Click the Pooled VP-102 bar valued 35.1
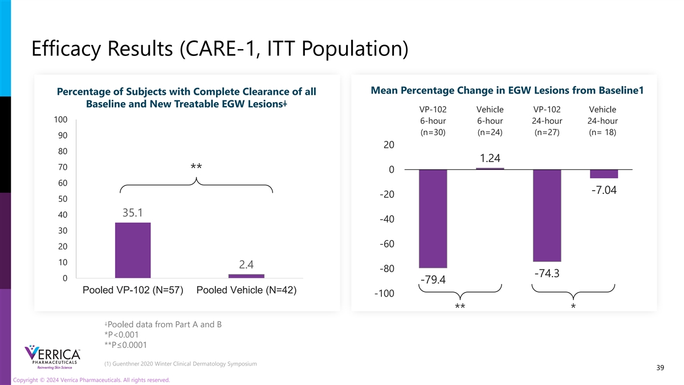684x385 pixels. [x=133, y=250]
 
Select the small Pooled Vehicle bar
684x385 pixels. [x=246, y=276]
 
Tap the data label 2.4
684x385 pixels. [x=246, y=265]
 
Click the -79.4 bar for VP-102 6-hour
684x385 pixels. [x=433, y=218]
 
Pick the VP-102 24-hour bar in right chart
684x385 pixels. [x=547, y=216]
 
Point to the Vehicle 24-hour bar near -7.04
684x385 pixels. [x=604, y=174]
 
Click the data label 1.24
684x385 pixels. [x=490, y=158]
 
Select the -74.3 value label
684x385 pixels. [x=547, y=273]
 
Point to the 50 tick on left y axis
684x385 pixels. [x=62, y=198]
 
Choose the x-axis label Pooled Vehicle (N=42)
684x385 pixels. [x=246, y=290]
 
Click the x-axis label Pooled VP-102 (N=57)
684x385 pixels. [x=133, y=290]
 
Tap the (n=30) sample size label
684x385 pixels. [x=433, y=132]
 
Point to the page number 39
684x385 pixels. [x=660, y=368]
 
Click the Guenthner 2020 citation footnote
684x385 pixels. [x=181, y=364]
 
